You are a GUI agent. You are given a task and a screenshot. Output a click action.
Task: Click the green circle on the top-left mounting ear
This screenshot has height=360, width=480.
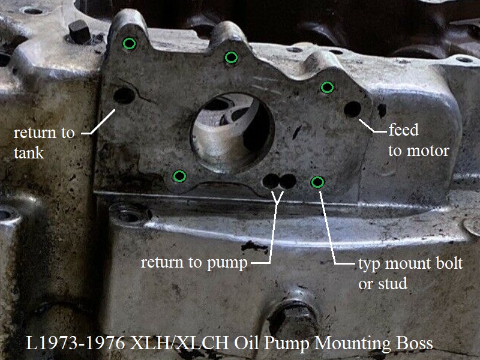pyautogui.click(x=129, y=43)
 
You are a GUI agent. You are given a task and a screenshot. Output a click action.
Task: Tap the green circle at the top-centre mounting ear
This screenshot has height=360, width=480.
pyautogui.click(x=231, y=57)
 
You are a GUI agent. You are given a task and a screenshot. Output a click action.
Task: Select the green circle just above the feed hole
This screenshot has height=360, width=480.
pyautogui.click(x=327, y=87)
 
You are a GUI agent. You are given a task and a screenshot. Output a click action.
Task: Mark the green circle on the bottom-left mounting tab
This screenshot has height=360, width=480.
pyautogui.click(x=179, y=176)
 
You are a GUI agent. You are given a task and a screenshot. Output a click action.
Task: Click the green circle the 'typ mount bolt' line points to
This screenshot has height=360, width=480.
pyautogui.click(x=317, y=182)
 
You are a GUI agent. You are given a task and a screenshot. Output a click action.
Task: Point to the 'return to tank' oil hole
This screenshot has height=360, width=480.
pyautogui.click(x=124, y=95)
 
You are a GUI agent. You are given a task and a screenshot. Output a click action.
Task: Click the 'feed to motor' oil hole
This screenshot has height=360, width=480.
pyautogui.click(x=353, y=109)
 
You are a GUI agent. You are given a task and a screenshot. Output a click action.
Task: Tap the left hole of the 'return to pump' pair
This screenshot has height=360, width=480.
pyautogui.click(x=271, y=181)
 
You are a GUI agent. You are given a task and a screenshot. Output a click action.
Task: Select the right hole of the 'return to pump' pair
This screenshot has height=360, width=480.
pyautogui.click(x=288, y=181)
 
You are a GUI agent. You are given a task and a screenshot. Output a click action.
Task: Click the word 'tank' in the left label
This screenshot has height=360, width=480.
pyautogui.click(x=29, y=153)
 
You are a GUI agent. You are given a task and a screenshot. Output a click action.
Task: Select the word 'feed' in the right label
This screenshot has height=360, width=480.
pyautogui.click(x=403, y=130)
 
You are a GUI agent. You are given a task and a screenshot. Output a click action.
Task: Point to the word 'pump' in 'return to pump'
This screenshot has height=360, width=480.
pyautogui.click(x=227, y=263)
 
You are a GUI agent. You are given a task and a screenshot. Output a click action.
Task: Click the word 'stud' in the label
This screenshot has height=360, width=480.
pyautogui.click(x=392, y=283)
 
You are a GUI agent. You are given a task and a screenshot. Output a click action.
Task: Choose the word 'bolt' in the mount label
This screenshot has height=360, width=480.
pyautogui.click(x=449, y=263)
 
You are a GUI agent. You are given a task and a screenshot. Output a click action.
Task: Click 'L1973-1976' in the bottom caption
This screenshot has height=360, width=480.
pyautogui.click(x=76, y=343)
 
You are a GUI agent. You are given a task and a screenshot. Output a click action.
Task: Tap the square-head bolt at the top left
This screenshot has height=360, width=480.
pyautogui.click(x=80, y=32)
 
